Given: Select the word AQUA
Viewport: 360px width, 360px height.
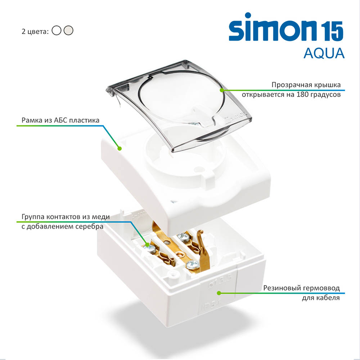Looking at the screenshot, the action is pos(324,53).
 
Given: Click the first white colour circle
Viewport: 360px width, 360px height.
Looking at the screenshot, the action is pos(57,30).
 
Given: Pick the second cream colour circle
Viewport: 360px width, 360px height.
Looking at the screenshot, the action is pos(68,30).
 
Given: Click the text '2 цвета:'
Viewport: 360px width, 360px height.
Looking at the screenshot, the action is pos(35,31).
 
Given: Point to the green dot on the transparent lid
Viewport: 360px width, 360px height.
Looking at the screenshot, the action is pos(222,90).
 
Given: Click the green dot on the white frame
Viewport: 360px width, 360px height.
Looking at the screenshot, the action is pos(120,149).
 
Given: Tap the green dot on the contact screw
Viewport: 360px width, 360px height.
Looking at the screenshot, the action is pos(147,245).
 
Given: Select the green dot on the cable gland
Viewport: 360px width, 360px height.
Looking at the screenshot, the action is pos(219,293).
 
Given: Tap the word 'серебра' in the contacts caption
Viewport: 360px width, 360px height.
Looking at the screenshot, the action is pos(89,226).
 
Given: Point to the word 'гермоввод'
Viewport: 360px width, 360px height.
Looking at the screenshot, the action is pos(320,288).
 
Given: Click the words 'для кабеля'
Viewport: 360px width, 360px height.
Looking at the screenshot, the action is pos(321,298).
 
